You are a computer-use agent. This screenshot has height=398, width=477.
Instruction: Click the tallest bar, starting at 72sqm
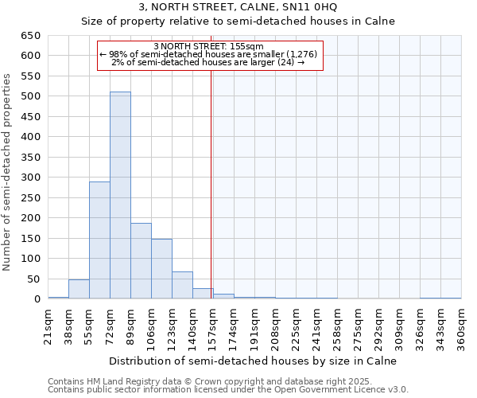coord(120,195)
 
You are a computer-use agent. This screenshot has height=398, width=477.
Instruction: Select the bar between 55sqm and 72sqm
coord(99,240)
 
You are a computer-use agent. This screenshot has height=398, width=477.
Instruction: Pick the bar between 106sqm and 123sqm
coord(161,269)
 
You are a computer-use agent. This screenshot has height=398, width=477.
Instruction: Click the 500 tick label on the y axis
coord(31,96)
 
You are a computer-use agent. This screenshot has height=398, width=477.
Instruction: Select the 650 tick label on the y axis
coord(31,36)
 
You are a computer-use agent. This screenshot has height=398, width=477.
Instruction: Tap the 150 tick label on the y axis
coord(31,238)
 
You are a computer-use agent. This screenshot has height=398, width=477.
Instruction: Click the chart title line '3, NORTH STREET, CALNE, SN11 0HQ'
coord(238,7)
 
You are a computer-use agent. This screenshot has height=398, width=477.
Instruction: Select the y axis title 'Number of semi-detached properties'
coord(8,172)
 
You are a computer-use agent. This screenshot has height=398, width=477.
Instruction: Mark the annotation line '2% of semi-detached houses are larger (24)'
coord(208,62)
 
